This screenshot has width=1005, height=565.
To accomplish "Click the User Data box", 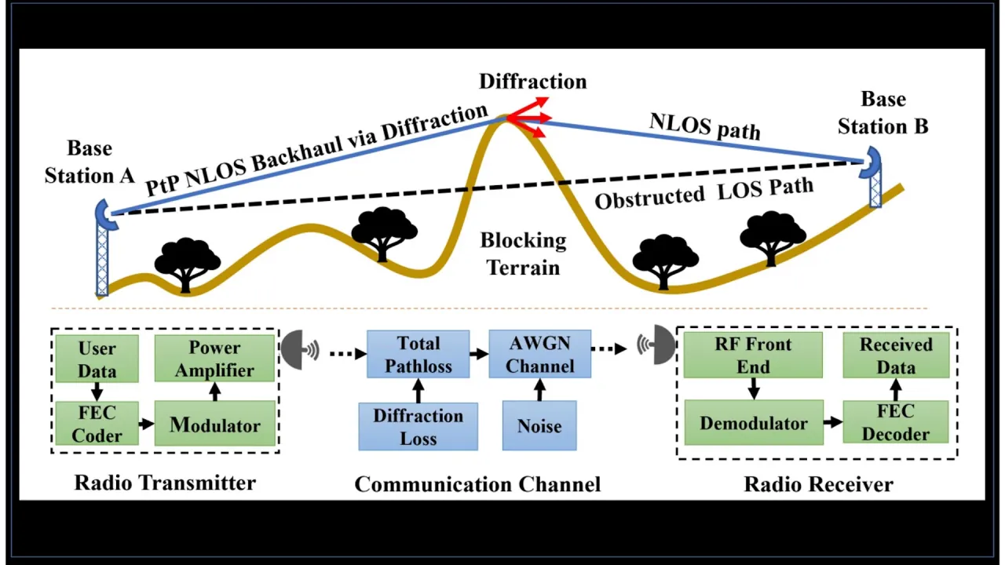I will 97,359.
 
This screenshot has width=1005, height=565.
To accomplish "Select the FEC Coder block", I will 97,424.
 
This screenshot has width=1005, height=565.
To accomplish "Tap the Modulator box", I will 214,425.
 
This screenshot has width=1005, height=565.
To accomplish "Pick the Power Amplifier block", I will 214,359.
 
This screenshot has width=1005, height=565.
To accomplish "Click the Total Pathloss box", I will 418,354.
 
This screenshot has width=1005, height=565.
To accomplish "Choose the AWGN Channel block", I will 540,354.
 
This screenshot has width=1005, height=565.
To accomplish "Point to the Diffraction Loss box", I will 418,426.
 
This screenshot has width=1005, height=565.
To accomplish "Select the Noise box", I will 539,426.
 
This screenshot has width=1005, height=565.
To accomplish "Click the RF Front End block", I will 753,355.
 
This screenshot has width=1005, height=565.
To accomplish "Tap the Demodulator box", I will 754,423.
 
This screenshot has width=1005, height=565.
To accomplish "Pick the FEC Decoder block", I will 896,423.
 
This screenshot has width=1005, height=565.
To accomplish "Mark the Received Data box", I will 896,355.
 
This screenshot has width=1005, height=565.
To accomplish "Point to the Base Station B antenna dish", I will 871,162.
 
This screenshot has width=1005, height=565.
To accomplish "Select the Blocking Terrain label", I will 523,253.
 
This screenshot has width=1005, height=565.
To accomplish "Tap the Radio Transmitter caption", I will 165,483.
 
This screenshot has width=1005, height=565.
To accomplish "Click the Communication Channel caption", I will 477,484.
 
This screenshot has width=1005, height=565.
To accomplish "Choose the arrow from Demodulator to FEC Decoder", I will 833,423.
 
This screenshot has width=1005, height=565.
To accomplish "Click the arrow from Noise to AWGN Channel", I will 539,389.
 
